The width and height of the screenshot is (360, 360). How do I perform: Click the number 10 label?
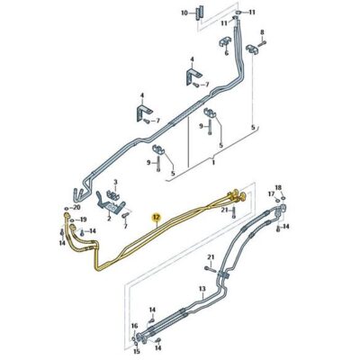click(x=184, y=13)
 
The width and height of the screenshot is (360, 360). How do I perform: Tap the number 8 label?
click(x=262, y=31)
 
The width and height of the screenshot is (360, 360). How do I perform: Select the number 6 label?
click(x=227, y=53)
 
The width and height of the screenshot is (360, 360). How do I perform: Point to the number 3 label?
click(x=115, y=182)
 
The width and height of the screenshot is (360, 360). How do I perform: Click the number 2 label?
click(x=110, y=218)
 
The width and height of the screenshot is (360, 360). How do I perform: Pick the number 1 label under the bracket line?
click(x=213, y=162)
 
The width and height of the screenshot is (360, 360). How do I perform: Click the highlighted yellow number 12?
click(x=157, y=217)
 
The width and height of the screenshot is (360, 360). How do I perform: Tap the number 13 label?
click(x=202, y=289)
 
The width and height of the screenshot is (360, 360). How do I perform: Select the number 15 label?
click(x=137, y=351)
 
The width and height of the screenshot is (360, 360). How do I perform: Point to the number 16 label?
click(x=134, y=326)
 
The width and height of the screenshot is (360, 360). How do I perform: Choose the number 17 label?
click(x=271, y=193)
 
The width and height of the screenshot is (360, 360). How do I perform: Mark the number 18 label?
click(x=278, y=188)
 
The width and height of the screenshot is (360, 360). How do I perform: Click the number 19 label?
click(x=83, y=220)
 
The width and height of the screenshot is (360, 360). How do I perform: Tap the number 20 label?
click(x=76, y=207)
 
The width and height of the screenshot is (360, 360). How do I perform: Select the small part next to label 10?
click(x=198, y=13)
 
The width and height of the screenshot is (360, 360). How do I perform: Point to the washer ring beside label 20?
click(x=66, y=208)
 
